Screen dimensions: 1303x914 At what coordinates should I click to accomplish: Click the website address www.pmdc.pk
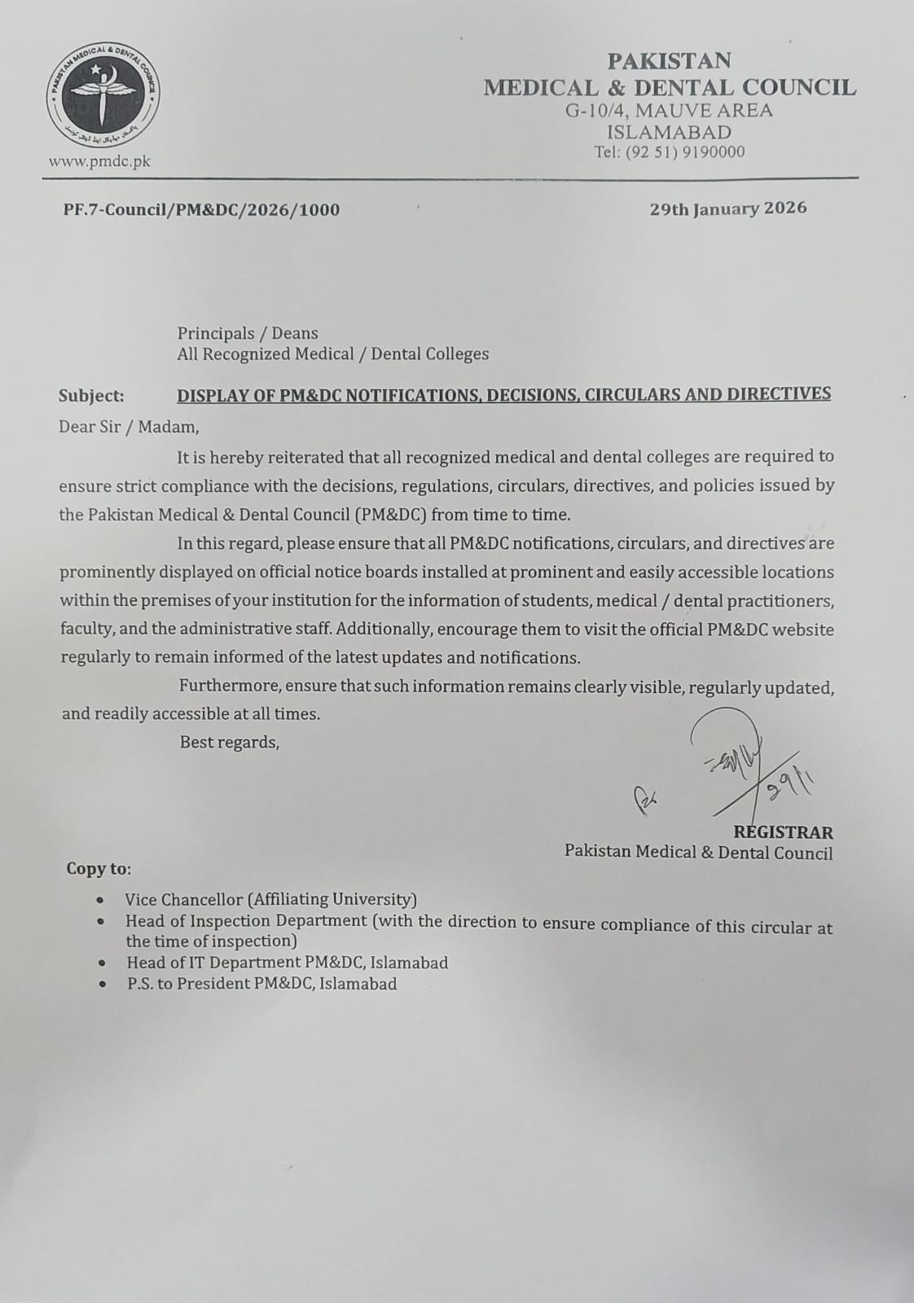pos(99,161)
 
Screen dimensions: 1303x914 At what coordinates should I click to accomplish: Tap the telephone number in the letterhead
pos(670,152)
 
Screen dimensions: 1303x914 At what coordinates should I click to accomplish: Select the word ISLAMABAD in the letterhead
pos(670,132)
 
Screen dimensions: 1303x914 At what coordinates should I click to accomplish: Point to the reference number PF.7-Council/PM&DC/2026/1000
pos(201,209)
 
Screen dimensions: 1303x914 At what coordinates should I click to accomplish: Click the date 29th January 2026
pos(727,208)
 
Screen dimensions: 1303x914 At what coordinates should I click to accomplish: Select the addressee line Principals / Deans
pos(248,333)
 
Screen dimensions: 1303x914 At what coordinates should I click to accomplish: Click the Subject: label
pos(91,396)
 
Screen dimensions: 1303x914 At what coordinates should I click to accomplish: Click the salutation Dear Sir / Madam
pos(128,427)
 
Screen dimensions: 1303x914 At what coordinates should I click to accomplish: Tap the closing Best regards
pos(229,742)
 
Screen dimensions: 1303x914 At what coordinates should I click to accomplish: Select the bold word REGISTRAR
pos(783,832)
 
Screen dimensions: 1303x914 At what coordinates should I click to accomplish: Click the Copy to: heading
pos(98,868)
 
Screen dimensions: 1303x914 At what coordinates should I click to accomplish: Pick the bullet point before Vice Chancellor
pos(99,901)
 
